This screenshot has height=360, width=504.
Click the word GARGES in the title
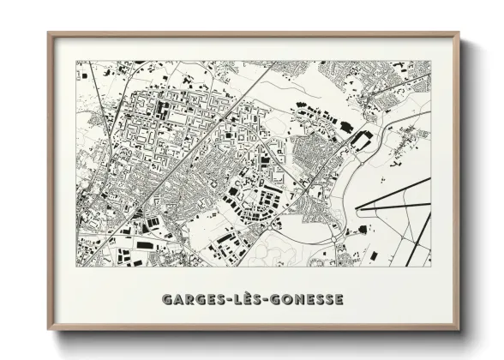coord(189,299)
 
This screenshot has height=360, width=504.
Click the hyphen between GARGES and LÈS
coord(225,300)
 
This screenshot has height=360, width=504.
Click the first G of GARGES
coord(165,299)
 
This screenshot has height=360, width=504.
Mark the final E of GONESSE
coord(339,299)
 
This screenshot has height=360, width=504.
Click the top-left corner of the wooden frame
coord(50,34)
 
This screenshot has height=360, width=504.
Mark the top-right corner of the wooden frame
coord(459,34)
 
